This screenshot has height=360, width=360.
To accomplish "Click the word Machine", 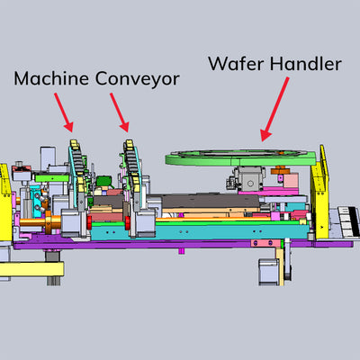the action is pyautogui.click(x=51, y=78).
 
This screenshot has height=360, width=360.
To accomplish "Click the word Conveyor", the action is pyautogui.click(x=138, y=79).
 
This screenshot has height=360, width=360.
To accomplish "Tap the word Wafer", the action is pyautogui.click(x=236, y=64).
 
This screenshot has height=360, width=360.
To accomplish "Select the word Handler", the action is pyautogui.click(x=306, y=64).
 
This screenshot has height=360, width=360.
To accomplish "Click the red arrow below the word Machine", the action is pyautogui.click(x=64, y=112).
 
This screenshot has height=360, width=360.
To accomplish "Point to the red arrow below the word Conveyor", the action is pyautogui.click(x=120, y=112).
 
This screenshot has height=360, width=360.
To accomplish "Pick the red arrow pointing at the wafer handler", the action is pyautogui.click(x=274, y=109).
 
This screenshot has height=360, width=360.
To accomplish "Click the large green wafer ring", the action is pyautogui.click(x=240, y=158).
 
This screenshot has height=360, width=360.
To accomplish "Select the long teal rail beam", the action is pyautogui.click(x=200, y=232).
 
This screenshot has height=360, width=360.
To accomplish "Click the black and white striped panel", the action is pyautogui.click(x=349, y=221).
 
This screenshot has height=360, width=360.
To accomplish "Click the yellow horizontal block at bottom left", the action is pyautogui.click(x=31, y=269).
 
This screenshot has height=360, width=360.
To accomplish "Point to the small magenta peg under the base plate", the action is pyautogui.click(x=181, y=250).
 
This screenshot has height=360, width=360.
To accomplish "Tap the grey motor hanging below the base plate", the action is pyautogui.click(x=269, y=272).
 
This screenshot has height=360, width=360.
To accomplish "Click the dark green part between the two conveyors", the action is pyautogui.click(x=103, y=182).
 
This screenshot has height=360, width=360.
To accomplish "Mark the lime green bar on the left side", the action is pyautogui.click(x=51, y=178).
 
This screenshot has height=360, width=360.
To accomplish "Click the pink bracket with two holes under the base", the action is pyautogui.click(x=263, y=243).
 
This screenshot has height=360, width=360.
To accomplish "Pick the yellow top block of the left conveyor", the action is pyautogui.click(x=74, y=143).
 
